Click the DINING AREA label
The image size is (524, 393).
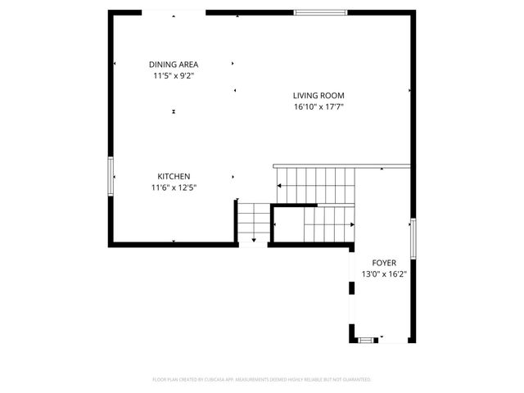coord(174,65)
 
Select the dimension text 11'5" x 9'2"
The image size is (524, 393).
coord(174,76)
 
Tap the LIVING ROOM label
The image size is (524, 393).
coord(318,95)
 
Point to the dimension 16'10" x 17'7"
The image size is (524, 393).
coord(318,106)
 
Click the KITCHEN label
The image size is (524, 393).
coord(174,176)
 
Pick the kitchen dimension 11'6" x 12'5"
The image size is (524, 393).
coord(174,187)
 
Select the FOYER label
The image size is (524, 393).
coord(384,263)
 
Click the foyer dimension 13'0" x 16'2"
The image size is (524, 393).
coord(384,274)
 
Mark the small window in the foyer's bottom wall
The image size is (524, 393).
coord(370,338)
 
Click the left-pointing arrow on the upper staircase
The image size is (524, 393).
coord(280,186)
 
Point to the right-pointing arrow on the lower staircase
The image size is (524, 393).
coord(351,223)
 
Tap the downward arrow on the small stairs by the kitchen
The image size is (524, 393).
coord(254,239)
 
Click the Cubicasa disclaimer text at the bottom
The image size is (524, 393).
coord(262,379)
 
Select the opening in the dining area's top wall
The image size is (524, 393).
coord(174,12)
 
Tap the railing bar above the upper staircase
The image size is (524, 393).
coord(341,165)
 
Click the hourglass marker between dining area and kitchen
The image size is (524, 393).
coord(174,111)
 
